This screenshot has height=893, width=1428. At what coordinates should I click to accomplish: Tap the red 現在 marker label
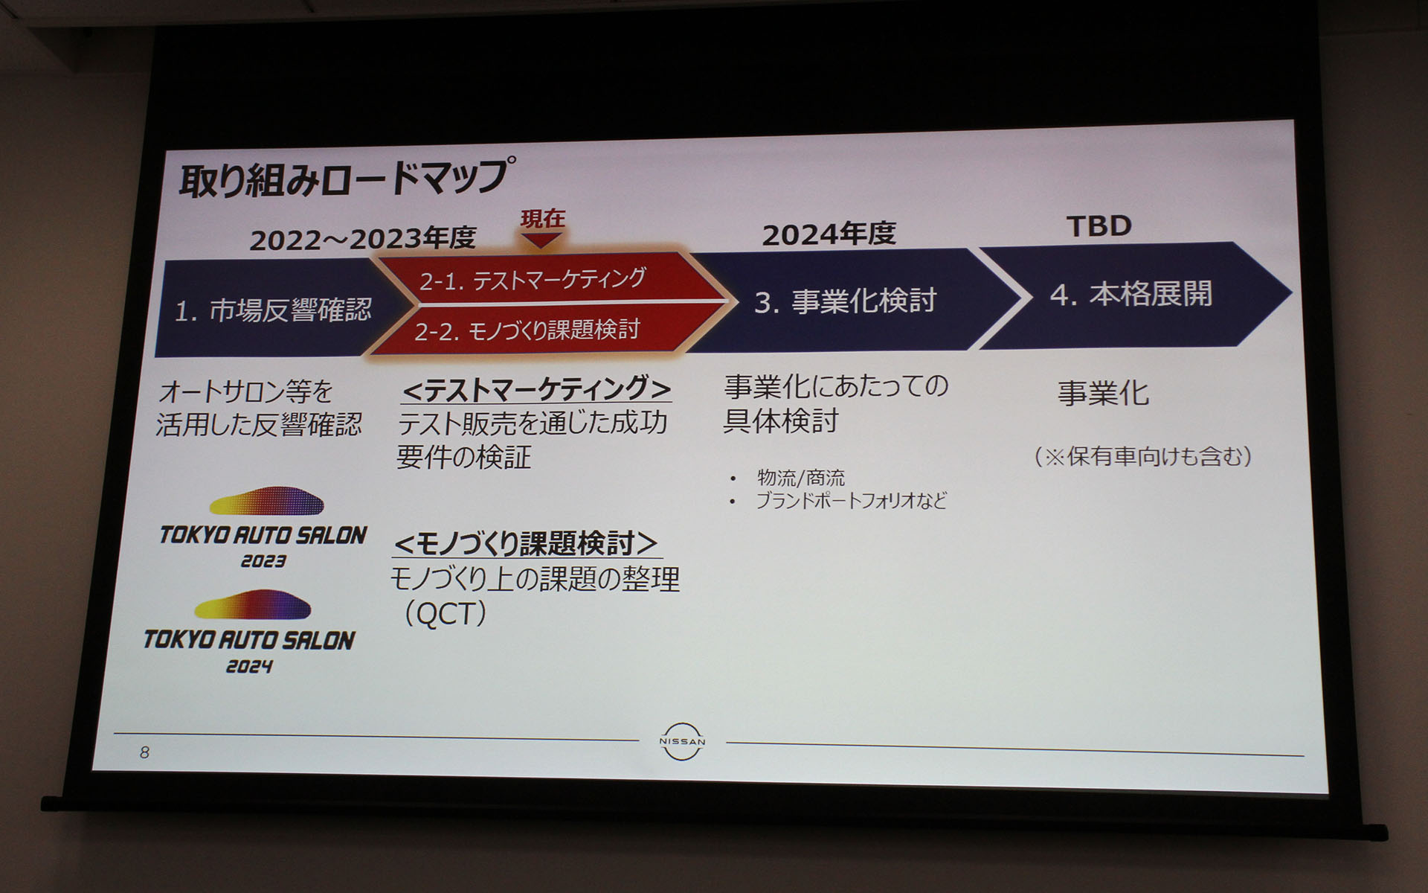[x=542, y=219]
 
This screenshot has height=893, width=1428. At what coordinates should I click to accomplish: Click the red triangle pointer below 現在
[x=541, y=240]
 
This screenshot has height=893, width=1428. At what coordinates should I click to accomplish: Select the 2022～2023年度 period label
[x=362, y=239]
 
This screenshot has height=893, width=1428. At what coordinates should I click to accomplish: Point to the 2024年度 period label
[x=829, y=234]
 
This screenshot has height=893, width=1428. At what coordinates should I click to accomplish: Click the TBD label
[x=1099, y=226]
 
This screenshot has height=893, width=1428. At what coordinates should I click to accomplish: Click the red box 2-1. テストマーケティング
[x=533, y=280]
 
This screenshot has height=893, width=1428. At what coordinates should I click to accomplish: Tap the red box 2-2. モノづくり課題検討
[x=527, y=330]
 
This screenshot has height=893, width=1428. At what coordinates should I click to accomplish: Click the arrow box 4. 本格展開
[x=1130, y=295]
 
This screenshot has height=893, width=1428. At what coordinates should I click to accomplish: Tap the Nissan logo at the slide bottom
[x=682, y=741]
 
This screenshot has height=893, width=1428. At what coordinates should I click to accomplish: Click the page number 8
[x=144, y=752]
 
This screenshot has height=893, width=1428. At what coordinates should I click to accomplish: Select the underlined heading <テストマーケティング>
[x=536, y=388]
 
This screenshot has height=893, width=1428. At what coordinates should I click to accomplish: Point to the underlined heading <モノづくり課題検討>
[x=526, y=544]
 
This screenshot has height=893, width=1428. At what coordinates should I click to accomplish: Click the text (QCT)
[x=445, y=615]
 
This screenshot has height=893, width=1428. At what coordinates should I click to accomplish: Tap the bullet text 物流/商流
[x=800, y=477]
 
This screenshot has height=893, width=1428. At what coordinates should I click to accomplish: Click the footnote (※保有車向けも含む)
[x=1142, y=456]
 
